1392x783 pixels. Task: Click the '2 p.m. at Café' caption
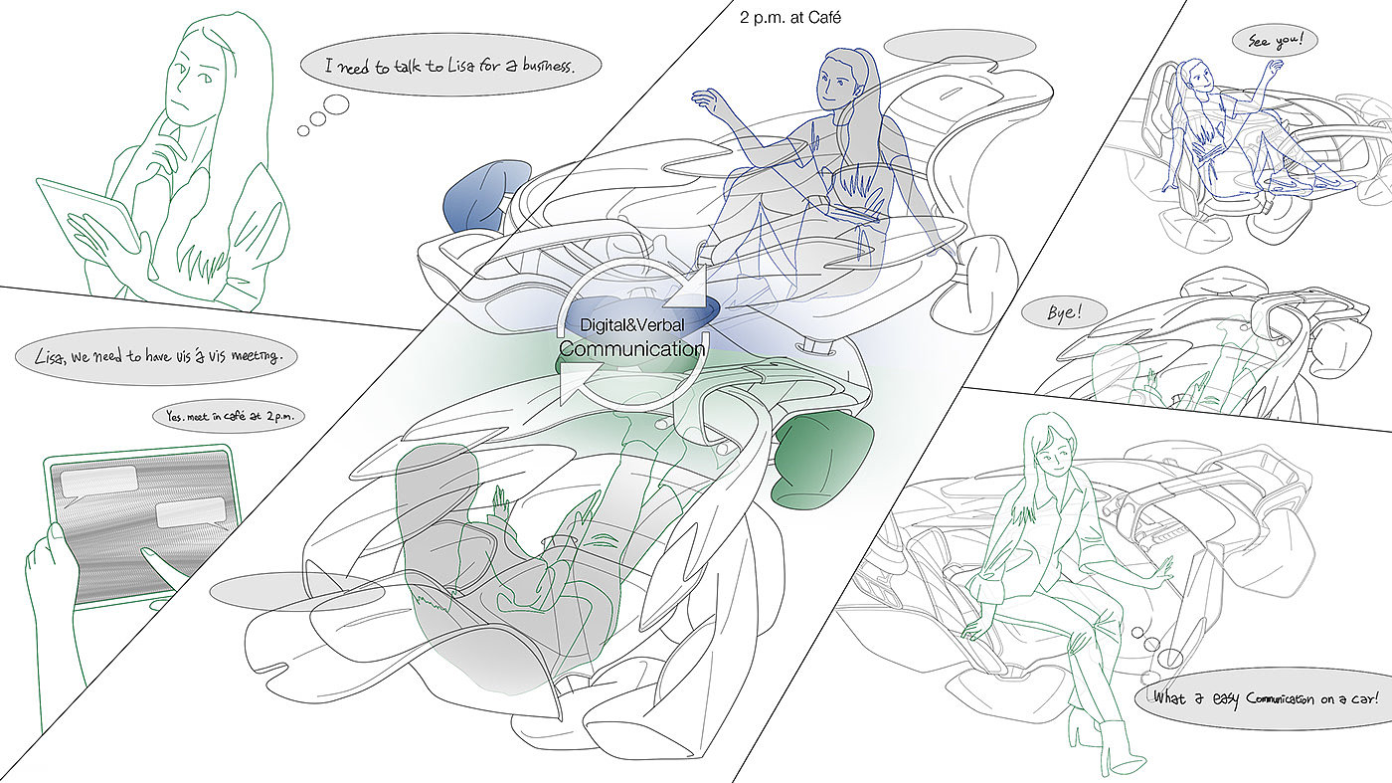[789, 18]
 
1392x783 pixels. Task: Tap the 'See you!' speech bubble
[1275, 41]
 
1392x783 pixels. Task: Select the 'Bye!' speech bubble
[1065, 312]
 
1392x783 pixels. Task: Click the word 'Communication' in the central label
[632, 348]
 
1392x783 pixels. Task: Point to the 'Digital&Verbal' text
[632, 324]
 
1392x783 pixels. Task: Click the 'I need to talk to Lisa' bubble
[450, 64]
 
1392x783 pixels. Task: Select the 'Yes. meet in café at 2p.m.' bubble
[229, 416]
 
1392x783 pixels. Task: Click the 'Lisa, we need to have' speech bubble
[156, 356]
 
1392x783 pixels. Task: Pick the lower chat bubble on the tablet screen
[191, 513]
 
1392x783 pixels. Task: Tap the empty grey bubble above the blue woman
[959, 46]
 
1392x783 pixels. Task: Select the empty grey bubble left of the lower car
[297, 591]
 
